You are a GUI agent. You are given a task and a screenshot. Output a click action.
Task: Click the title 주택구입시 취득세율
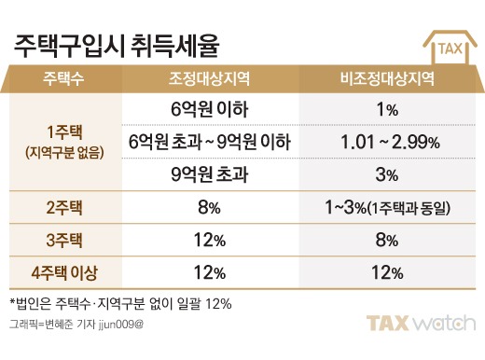point(117,47)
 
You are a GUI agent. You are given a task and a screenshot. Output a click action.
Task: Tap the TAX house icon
point(450,48)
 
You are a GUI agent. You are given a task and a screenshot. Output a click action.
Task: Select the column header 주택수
point(63,78)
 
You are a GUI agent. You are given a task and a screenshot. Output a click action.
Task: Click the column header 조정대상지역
point(209,78)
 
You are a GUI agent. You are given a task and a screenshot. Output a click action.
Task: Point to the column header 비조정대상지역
point(387,78)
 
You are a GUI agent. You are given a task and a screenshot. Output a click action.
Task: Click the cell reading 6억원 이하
point(209,109)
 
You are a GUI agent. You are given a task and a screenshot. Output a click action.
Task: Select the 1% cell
point(387,110)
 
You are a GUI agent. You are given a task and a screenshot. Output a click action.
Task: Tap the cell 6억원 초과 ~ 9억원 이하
point(210,142)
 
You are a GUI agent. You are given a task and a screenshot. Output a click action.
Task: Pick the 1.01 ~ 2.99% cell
point(390,143)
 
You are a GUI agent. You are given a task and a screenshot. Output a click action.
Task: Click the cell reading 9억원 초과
point(210,174)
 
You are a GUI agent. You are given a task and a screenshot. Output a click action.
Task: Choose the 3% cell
point(387,174)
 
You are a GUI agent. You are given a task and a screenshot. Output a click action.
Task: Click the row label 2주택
point(64,208)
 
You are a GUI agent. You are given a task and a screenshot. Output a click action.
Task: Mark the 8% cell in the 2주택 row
point(209,207)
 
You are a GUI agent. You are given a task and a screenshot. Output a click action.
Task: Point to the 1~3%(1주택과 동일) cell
point(387,207)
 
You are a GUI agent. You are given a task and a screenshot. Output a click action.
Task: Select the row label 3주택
point(64,241)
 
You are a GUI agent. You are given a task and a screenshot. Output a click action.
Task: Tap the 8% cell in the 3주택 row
point(387,240)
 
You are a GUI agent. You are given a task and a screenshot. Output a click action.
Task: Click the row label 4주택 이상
point(64,273)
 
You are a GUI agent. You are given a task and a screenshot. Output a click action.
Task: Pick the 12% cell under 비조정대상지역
point(387,272)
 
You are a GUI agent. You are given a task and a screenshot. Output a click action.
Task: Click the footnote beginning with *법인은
point(120,303)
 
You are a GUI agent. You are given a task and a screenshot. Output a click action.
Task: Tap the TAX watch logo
point(421,323)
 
